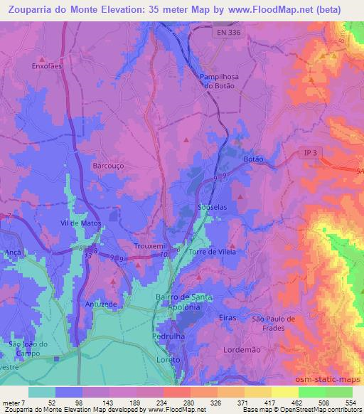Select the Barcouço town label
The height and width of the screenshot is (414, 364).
tap(109, 165)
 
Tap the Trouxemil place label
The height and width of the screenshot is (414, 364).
tap(151, 246)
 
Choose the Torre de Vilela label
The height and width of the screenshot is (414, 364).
tap(212, 252)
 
